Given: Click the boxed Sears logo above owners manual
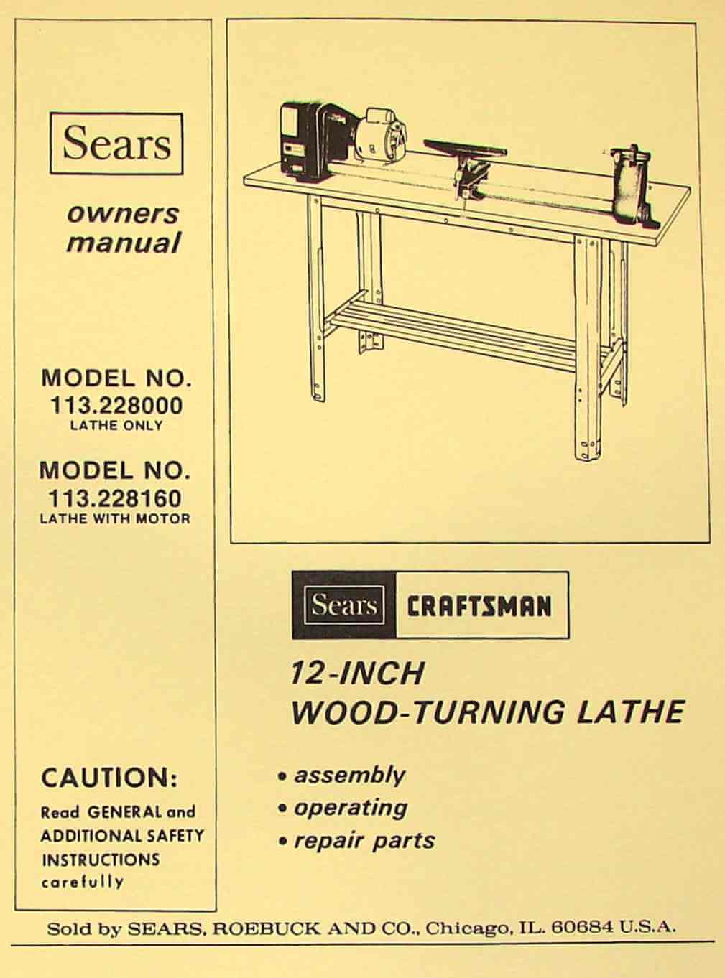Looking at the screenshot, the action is click(x=116, y=144).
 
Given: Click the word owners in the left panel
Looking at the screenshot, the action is click(x=123, y=215).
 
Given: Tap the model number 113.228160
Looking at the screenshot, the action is click(x=115, y=499).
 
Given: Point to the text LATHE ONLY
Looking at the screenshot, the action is click(x=116, y=426).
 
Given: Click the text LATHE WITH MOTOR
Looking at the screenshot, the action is click(x=115, y=519).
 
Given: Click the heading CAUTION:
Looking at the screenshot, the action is click(x=109, y=778).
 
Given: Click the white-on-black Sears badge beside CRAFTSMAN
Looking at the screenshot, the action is click(x=343, y=605).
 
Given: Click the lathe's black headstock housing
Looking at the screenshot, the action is click(x=312, y=142).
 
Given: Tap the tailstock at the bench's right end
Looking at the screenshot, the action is click(x=634, y=187).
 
